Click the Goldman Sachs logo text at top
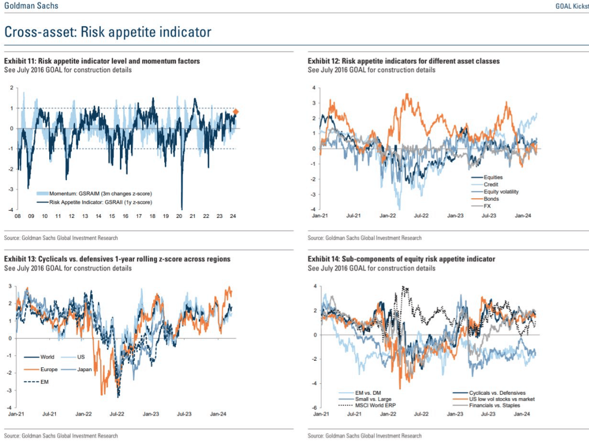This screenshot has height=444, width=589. tap(31, 5)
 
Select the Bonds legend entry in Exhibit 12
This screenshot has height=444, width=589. tap(491, 199)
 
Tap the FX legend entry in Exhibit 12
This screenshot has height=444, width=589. tap(487, 206)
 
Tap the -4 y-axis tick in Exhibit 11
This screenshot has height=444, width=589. tap(11, 209)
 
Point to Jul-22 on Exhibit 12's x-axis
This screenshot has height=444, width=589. tap(420, 216)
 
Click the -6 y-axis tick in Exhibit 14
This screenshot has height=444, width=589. tap(314, 408)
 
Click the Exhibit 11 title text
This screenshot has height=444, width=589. tap(102, 61)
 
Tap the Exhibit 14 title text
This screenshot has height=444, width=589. tap(401, 259)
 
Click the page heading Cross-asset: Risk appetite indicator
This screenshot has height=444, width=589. tap(108, 32)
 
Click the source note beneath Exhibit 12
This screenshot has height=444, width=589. tap(365, 238)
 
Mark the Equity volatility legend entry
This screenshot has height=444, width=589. tap(501, 192)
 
